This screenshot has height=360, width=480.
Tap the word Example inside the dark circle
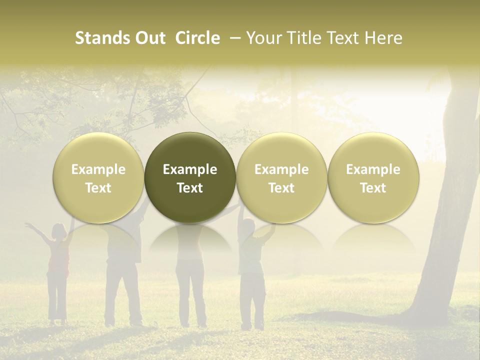pyautogui.click(x=190, y=169)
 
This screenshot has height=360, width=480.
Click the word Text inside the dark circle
pyautogui.click(x=190, y=188)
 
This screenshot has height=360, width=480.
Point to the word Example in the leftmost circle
pyautogui.click(x=98, y=169)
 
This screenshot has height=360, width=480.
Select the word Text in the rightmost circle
pyautogui.click(x=373, y=188)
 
